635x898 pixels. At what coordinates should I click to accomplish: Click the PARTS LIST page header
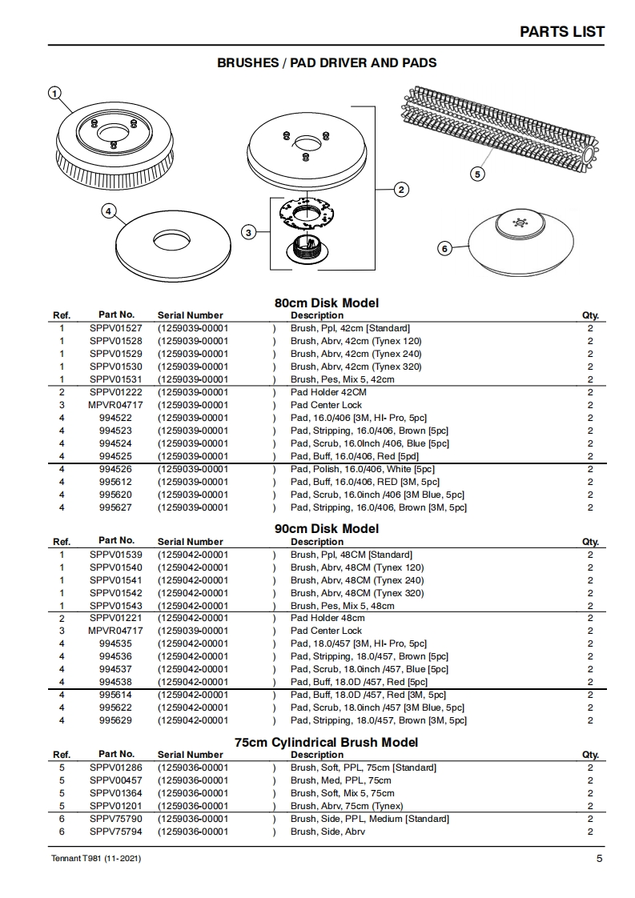point(561,32)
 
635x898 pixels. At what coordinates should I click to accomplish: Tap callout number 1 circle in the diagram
point(54,93)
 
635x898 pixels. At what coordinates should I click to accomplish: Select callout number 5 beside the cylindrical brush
point(478,173)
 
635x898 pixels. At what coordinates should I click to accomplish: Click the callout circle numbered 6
point(444,249)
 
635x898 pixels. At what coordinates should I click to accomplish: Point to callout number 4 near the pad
point(108,211)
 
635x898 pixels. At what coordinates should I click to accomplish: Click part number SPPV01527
point(116,328)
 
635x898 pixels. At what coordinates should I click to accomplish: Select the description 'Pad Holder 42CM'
point(328,392)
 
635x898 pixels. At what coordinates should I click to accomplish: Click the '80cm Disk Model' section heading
point(327,303)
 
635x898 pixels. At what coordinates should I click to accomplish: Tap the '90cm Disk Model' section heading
point(327,529)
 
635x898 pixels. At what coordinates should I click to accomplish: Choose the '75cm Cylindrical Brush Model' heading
point(327,743)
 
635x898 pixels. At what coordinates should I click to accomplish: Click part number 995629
point(116,720)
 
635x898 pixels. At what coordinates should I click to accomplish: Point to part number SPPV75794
point(116,832)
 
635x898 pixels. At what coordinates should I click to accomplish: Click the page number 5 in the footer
point(599,860)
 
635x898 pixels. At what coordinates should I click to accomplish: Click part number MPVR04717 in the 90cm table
point(116,631)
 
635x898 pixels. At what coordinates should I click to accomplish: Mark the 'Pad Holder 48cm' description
point(328,618)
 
